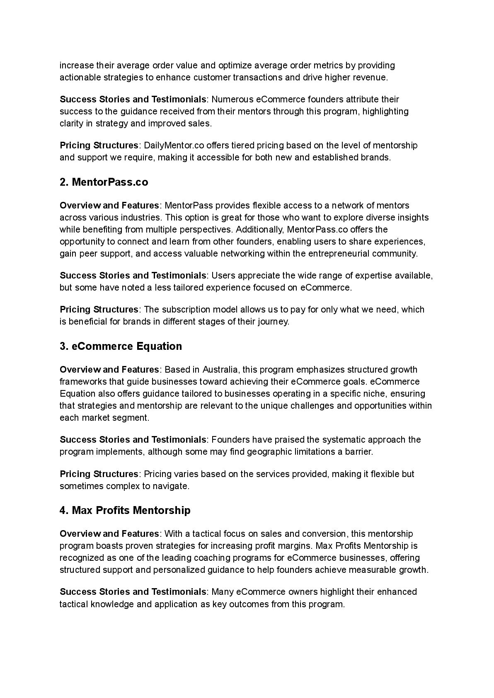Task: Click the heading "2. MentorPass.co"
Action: point(104,182)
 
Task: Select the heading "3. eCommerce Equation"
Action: point(121,346)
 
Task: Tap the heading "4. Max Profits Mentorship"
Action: point(125,510)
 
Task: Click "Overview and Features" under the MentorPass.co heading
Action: point(109,205)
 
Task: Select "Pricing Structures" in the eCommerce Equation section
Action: point(99,474)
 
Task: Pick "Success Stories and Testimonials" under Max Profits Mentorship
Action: point(133,591)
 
